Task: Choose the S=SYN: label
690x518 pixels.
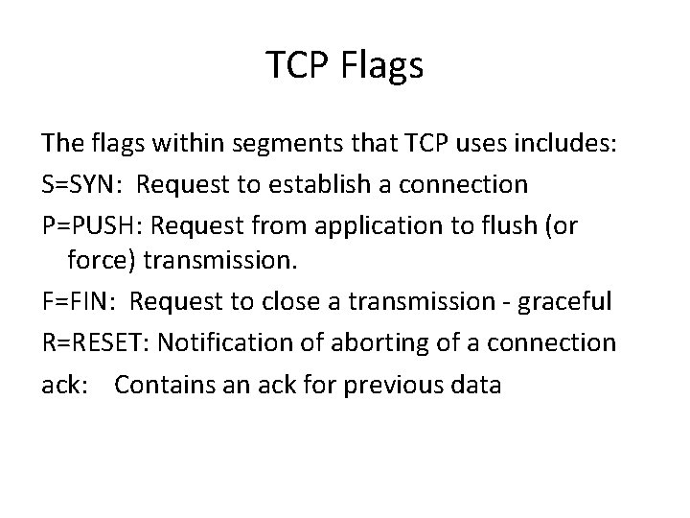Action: pyautogui.click(x=79, y=183)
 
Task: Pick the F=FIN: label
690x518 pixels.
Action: pyautogui.click(x=80, y=302)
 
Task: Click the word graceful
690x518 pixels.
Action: pyautogui.click(x=567, y=302)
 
